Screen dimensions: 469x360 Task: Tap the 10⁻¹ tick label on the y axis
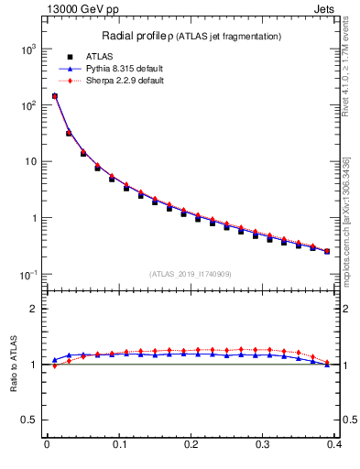[x=29, y=275]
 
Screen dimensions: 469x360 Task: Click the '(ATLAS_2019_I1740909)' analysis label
[x=191, y=274]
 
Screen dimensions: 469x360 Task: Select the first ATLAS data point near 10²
[x=54, y=96]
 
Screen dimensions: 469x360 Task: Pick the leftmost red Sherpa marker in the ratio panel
[x=54, y=366]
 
